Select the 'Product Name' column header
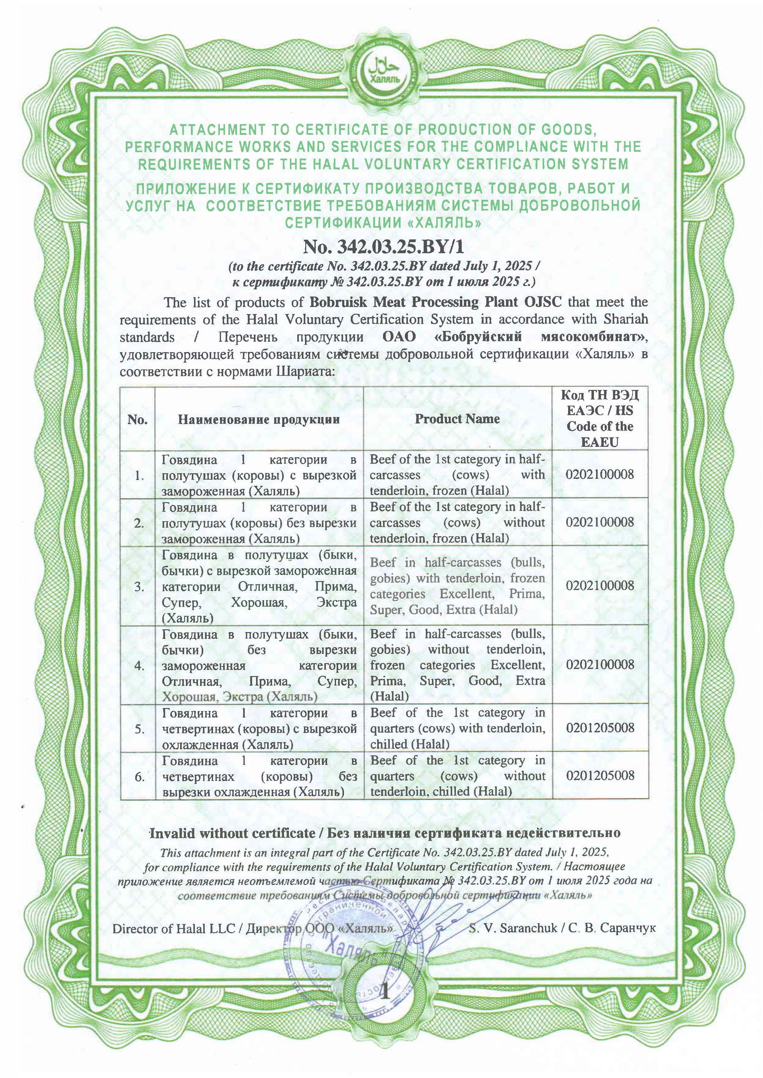click(457, 419)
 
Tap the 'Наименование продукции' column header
click(259, 419)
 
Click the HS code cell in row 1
click(600, 474)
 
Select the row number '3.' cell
click(139, 586)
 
